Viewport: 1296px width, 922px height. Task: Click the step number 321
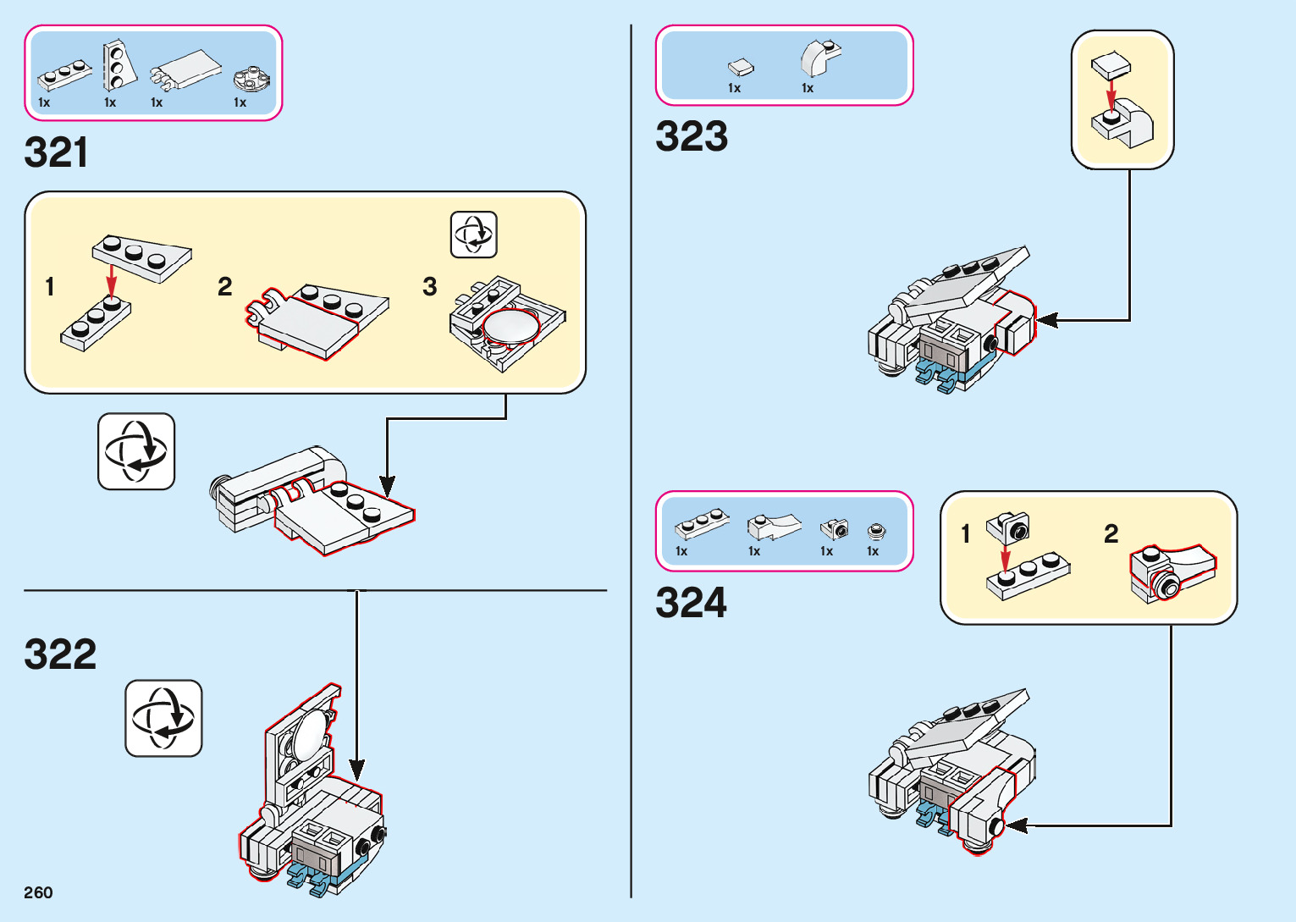click(56, 153)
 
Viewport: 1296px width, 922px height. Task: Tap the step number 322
click(60, 654)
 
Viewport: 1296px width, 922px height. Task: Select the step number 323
click(692, 137)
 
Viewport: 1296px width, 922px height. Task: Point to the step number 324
click(691, 604)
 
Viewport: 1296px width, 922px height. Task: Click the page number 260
click(38, 892)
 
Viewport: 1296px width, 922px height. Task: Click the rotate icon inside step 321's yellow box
click(473, 235)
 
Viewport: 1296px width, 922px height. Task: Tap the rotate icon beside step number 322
click(163, 718)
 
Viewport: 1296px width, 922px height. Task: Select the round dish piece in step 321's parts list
click(251, 79)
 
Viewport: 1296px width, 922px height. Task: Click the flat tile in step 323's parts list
click(741, 67)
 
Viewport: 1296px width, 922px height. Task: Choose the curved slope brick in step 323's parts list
click(819, 58)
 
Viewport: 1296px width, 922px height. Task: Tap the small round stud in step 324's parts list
click(877, 532)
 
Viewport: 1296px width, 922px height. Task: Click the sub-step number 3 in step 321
click(430, 287)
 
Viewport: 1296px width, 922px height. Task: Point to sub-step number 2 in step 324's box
click(1111, 533)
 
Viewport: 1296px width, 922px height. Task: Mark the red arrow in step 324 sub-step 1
click(1005, 559)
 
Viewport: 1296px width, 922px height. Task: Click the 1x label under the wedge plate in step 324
click(754, 551)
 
